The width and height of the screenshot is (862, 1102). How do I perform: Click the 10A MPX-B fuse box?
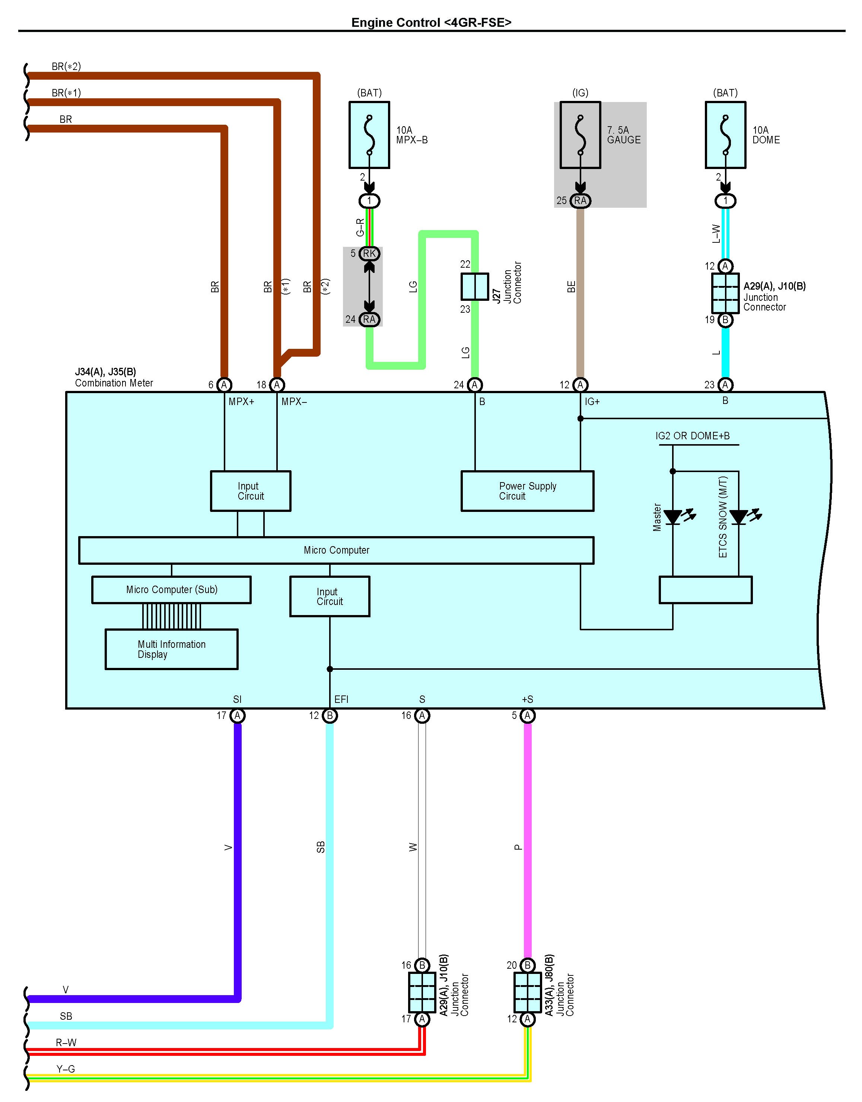coord(369,135)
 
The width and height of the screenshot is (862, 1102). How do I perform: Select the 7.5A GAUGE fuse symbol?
coord(581,135)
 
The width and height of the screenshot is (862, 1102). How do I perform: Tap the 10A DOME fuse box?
coord(725,135)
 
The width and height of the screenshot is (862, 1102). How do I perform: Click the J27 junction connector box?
coord(475,287)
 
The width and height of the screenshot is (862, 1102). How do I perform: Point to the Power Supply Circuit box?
coord(527,491)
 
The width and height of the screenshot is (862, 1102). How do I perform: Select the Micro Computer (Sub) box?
coord(172,590)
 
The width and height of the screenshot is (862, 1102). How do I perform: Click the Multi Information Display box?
coord(172,649)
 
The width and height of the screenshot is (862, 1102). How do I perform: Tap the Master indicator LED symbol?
coord(673,517)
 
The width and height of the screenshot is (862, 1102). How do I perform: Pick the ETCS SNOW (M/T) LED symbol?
coord(739,517)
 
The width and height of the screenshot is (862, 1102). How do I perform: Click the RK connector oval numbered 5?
coord(369,253)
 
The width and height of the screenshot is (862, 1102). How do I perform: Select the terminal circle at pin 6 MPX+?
coord(224,385)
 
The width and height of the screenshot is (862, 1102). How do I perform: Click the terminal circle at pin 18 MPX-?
coord(277,385)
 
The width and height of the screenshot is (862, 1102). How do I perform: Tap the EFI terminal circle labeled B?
coord(330,716)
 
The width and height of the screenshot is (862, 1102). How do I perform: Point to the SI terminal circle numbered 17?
coord(237,716)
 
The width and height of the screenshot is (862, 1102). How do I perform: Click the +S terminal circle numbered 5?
coord(527,716)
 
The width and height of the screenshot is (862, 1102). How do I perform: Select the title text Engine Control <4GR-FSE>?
coord(431,22)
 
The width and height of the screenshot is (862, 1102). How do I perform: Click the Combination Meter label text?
coord(114,383)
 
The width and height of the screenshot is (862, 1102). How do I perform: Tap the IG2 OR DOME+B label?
coord(693,436)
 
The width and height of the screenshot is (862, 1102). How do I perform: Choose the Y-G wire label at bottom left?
coord(66,1069)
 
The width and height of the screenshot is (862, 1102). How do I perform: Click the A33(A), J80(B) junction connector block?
coord(527,992)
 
